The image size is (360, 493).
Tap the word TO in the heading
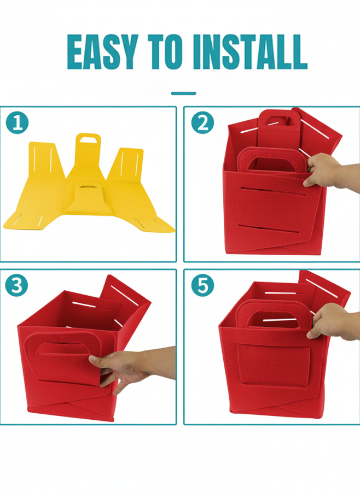tap(165, 52)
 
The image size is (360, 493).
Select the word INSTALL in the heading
tap(250, 52)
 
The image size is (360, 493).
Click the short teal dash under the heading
tap(183, 93)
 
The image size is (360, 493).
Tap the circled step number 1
tap(17, 122)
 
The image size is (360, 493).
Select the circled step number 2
tap(202, 122)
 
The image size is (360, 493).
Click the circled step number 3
tap(16, 285)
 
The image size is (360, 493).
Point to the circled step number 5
tap(202, 285)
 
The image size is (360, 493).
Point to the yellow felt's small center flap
tap(89, 199)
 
